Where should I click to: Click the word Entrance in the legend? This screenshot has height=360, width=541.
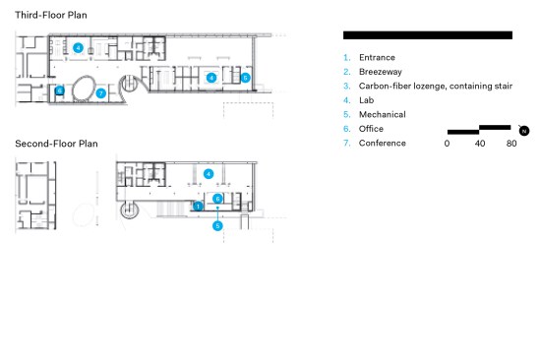click(x=377, y=58)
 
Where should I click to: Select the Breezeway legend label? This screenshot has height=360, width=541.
click(x=381, y=72)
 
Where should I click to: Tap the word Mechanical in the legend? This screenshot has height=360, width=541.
click(x=383, y=115)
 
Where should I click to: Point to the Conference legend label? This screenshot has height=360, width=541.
click(x=383, y=144)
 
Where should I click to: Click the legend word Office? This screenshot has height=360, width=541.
click(x=371, y=129)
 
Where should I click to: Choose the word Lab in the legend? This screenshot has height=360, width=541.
click(x=367, y=100)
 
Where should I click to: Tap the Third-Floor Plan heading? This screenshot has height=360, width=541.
click(x=51, y=15)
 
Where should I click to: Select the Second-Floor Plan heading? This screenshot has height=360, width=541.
click(x=57, y=144)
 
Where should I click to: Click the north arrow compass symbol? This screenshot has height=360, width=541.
click(x=523, y=131)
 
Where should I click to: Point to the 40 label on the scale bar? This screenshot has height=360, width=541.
click(x=480, y=144)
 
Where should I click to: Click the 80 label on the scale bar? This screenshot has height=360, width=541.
click(x=511, y=144)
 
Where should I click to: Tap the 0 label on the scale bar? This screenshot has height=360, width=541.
click(x=447, y=144)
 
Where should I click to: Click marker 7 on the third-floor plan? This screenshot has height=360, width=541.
click(x=100, y=93)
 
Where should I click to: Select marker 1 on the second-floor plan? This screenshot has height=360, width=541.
click(x=198, y=207)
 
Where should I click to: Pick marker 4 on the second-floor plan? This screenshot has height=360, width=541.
click(x=209, y=174)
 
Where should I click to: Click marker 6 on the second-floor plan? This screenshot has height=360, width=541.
click(x=217, y=199)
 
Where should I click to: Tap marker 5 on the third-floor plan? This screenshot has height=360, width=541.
click(x=245, y=78)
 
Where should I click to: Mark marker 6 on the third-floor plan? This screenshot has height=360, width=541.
click(x=60, y=90)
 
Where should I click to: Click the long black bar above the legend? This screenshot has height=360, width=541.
click(x=428, y=35)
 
